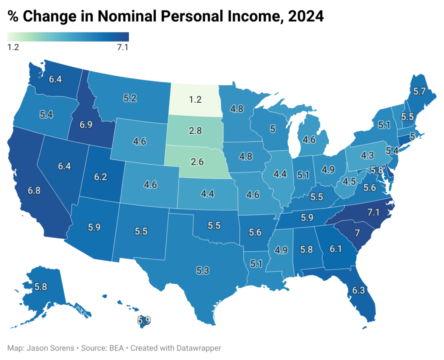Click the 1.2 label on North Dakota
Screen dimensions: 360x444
point(196,100)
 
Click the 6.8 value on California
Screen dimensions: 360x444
point(36,191)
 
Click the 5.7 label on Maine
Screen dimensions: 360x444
point(419,91)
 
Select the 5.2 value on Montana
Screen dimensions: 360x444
point(130,98)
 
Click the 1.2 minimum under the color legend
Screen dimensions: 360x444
point(13,47)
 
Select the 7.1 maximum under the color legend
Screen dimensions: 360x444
point(123,47)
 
